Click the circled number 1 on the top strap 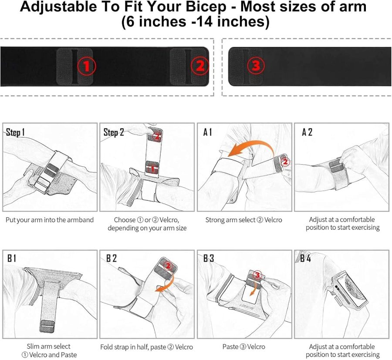pyautogui.click(x=86, y=66)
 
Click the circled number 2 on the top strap pyautogui.click(x=200, y=66)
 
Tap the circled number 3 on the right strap pyautogui.click(x=256, y=66)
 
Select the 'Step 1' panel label pyautogui.click(x=16, y=132)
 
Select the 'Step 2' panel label pyautogui.click(x=114, y=132)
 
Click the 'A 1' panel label pyautogui.click(x=208, y=132)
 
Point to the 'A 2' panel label pyautogui.click(x=307, y=132)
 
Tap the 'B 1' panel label pyautogui.click(x=12, y=258)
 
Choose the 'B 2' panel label pyautogui.click(x=112, y=258)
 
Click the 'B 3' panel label pyautogui.click(x=209, y=258)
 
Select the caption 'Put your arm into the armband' pyautogui.click(x=50, y=220)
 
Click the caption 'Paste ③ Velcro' pyautogui.click(x=243, y=347)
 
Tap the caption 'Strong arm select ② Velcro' pyautogui.click(x=243, y=220)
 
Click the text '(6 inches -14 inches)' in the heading pyautogui.click(x=195, y=22)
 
